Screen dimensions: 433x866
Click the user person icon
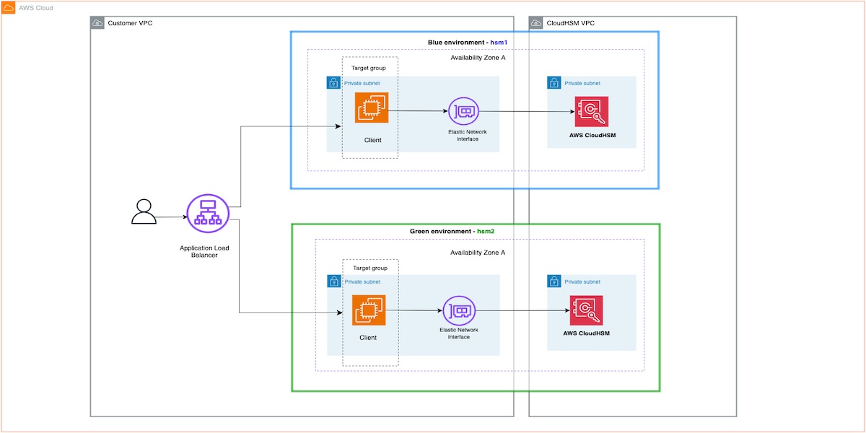tap(144, 211)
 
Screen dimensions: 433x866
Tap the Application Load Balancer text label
tap(204, 251)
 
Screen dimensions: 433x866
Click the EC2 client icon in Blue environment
tap(372, 108)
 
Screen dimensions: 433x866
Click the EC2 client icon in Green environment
tap(369, 310)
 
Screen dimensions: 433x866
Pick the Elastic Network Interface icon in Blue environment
tap(463, 112)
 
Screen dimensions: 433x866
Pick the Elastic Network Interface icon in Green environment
tap(458, 311)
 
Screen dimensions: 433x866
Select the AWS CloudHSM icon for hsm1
tap(592, 113)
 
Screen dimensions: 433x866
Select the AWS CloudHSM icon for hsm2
tap(586, 311)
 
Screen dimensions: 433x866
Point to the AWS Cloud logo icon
tap(9, 8)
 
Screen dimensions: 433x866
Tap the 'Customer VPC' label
tap(130, 24)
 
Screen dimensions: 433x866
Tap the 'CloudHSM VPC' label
tap(572, 24)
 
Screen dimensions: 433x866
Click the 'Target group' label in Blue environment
tap(368, 68)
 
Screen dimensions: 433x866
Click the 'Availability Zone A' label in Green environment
tap(478, 253)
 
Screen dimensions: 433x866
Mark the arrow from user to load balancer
tap(171, 216)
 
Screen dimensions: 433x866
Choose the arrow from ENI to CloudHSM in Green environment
tap(521, 311)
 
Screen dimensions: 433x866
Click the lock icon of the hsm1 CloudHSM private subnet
tap(554, 83)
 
